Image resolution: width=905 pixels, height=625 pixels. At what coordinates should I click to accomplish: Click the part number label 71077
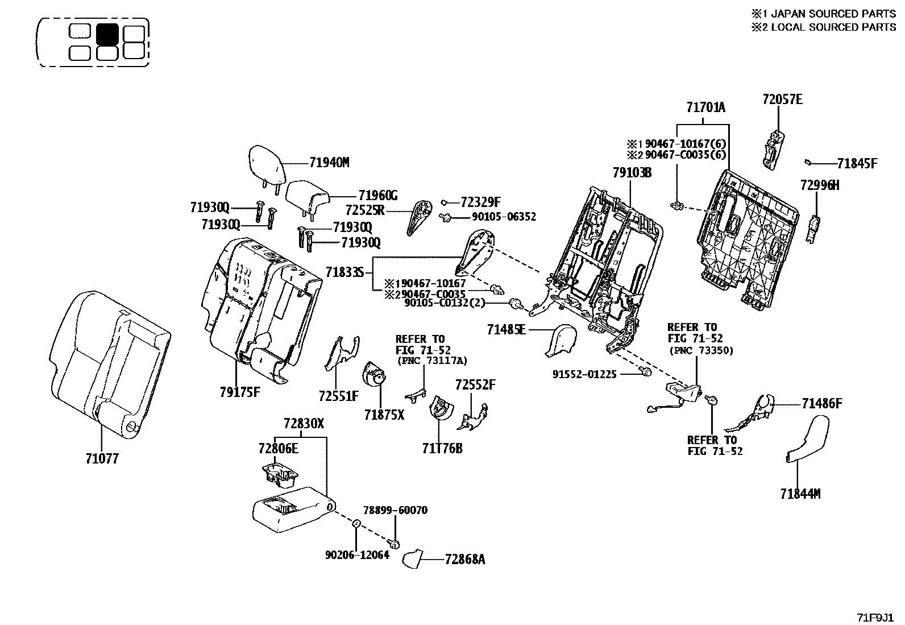point(102,458)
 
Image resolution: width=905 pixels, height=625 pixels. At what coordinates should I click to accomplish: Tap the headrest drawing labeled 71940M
point(266,164)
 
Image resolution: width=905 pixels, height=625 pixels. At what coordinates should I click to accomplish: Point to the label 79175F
point(240,391)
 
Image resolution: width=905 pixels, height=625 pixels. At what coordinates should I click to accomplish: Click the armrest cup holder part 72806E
point(280,475)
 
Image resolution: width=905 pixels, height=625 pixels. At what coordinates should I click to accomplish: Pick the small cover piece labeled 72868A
point(413,558)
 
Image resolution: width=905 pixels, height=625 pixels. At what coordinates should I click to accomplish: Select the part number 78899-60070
point(396,510)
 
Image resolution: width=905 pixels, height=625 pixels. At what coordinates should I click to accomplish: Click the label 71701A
point(705,107)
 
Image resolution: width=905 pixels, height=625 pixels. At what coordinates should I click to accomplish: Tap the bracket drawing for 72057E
point(774,149)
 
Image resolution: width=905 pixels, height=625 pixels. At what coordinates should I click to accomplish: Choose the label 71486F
point(821,404)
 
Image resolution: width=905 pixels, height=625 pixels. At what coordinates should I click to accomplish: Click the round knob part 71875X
point(373,378)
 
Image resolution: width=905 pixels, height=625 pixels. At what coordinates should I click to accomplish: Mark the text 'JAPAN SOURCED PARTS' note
point(829,14)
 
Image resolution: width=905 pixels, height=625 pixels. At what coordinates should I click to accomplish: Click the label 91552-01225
point(584,375)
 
